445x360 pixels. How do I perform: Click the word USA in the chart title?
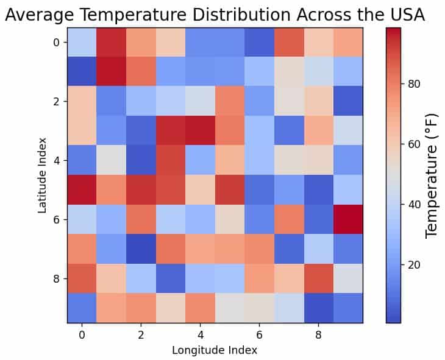(403, 15)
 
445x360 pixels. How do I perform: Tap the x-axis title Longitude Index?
(215, 350)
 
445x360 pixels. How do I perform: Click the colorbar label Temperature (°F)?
(432, 175)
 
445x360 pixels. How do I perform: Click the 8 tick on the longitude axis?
(318, 333)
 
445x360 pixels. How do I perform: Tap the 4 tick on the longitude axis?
(200, 333)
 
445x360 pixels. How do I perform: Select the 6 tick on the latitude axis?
(56, 219)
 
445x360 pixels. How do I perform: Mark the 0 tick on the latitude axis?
(56, 42)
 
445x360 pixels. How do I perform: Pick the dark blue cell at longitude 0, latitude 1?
(82, 71)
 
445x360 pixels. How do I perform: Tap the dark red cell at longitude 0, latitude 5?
(82, 189)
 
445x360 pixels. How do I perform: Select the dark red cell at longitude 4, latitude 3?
(200, 130)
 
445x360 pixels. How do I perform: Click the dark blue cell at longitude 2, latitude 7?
(141, 249)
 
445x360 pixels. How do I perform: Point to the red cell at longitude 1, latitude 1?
(111, 71)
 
